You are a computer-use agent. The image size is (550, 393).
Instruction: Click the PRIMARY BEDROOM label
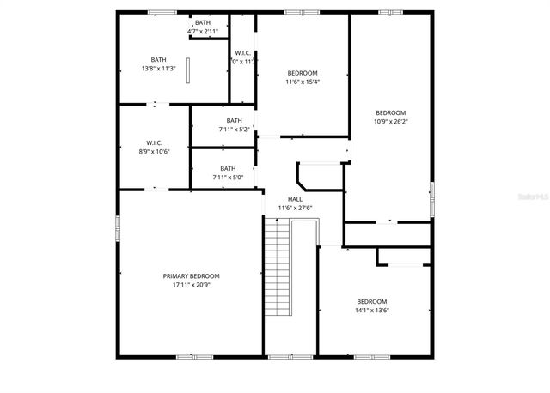coord(191,276)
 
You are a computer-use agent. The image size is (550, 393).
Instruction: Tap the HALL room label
coord(295,199)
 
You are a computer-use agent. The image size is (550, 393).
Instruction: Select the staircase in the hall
coord(277,266)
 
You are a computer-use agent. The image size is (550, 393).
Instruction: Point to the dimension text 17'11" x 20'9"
coord(191,284)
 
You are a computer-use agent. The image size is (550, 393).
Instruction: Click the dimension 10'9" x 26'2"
coord(391,122)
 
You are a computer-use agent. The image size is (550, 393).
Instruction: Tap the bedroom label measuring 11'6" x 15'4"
coord(302,73)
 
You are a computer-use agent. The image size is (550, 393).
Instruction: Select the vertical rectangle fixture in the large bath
coord(188,70)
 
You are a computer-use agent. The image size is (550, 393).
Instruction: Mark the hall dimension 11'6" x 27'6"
coord(295,208)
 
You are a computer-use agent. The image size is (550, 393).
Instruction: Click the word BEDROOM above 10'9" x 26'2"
coord(391,113)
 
